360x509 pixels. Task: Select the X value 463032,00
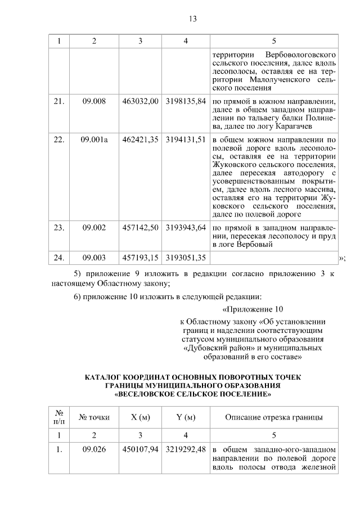click(x=140, y=101)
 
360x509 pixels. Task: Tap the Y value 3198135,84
click(x=186, y=101)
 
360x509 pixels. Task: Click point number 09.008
click(x=94, y=101)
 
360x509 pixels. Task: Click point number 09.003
click(x=94, y=258)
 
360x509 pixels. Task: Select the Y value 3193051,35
click(x=186, y=258)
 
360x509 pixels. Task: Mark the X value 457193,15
click(x=140, y=258)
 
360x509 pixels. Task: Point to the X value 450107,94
click(x=140, y=450)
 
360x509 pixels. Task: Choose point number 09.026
click(x=94, y=450)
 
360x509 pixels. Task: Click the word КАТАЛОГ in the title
click(x=104, y=376)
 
